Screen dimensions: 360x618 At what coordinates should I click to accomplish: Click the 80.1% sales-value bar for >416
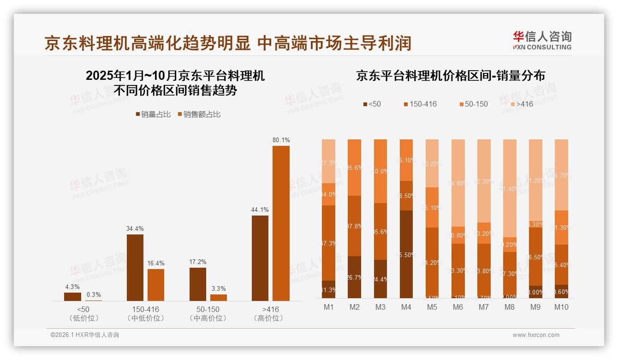pyautogui.click(x=281, y=223)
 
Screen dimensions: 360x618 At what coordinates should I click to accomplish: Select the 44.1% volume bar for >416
pyautogui.click(x=260, y=258)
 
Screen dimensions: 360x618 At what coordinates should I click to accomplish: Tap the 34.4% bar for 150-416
pyautogui.click(x=135, y=268)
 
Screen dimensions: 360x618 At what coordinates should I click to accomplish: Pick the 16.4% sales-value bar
pyautogui.click(x=156, y=285)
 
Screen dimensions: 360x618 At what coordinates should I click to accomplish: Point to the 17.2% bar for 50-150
pyautogui.click(x=198, y=284)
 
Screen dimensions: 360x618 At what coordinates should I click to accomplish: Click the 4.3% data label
pyautogui.click(x=72, y=287)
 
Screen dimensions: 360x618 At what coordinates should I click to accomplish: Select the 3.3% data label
pyautogui.click(x=219, y=288)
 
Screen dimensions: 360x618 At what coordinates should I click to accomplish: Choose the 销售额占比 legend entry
pyautogui.click(x=199, y=114)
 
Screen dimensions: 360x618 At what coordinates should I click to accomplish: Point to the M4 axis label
pyautogui.click(x=406, y=307)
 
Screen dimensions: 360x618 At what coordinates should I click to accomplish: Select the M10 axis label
pyautogui.click(x=561, y=307)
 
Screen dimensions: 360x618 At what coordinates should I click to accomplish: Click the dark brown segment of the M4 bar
pyautogui.click(x=406, y=254)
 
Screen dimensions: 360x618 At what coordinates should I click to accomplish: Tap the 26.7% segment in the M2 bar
pyautogui.click(x=355, y=277)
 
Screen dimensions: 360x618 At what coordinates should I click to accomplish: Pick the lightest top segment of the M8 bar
pyautogui.click(x=510, y=188)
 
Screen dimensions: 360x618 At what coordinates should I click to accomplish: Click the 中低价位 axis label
pyautogui.click(x=145, y=318)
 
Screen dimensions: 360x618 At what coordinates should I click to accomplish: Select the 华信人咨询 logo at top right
pyautogui.click(x=542, y=40)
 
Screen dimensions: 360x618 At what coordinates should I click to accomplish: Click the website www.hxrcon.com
pyautogui.click(x=535, y=335)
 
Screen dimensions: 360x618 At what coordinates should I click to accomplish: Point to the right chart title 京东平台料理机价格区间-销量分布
pyautogui.click(x=450, y=76)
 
